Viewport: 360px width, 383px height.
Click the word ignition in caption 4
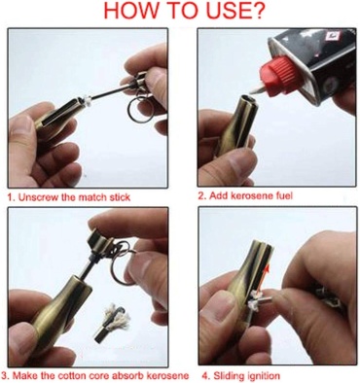(x=264, y=376)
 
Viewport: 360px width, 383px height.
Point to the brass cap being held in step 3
(x=101, y=241)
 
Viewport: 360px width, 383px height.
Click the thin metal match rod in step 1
(x=111, y=91)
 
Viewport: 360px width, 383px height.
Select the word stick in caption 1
(x=120, y=197)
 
